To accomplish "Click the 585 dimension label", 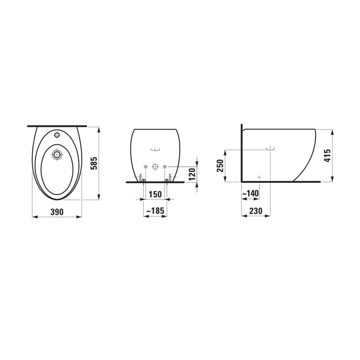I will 94,163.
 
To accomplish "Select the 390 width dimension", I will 57,212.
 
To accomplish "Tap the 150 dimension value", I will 155,194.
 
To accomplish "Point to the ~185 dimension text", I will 155,211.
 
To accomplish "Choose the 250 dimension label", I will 220,166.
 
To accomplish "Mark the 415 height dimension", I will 327,155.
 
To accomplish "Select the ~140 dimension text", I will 250,194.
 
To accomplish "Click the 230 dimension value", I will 256,211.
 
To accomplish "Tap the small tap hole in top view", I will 57,135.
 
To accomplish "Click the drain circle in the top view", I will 57,155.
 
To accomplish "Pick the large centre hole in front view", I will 155,167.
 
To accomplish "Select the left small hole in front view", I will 145,167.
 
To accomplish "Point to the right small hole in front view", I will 165,167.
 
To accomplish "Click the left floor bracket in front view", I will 141,177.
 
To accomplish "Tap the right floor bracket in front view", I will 168,177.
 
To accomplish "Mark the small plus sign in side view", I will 259,177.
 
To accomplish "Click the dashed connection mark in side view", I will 270,149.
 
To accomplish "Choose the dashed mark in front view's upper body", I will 155,149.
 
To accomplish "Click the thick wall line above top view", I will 57,126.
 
